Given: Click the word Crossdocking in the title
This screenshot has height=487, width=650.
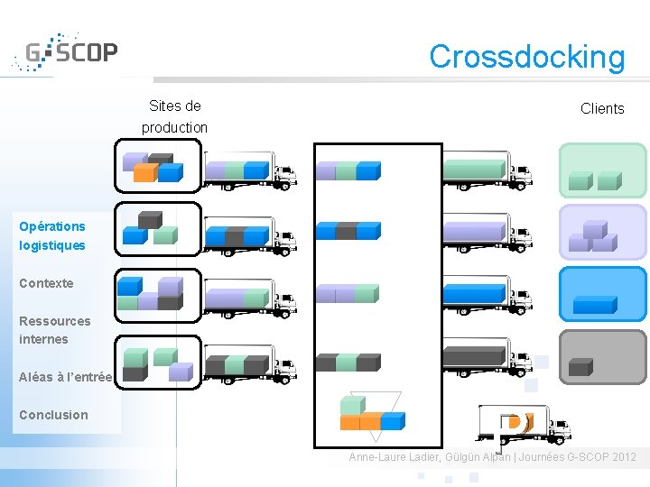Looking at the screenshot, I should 526,57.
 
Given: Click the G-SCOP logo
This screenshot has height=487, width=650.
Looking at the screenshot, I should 65,54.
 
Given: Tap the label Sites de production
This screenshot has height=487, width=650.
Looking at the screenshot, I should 174,116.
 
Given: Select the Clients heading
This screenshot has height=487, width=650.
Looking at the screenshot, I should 602,109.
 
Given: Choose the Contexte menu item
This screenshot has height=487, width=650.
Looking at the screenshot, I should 46,283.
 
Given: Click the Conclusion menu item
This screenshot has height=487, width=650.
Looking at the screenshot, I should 53,415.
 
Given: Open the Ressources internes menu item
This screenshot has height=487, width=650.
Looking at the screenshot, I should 54,330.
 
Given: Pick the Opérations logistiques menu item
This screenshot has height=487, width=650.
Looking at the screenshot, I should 52,235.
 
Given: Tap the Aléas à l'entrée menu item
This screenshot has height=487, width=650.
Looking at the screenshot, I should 65,377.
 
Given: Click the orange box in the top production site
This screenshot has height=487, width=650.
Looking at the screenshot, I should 144,172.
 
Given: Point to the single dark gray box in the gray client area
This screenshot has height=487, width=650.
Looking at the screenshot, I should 580,368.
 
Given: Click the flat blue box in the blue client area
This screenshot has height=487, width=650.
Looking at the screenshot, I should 595,305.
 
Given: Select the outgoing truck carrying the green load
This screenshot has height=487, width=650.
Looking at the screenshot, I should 486,171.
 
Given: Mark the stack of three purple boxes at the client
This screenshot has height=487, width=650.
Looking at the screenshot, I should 593,236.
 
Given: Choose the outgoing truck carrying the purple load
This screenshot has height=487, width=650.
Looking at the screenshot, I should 486,234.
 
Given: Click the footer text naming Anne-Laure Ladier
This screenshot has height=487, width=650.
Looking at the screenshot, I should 492,457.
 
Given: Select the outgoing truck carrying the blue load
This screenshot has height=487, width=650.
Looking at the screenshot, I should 486,295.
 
